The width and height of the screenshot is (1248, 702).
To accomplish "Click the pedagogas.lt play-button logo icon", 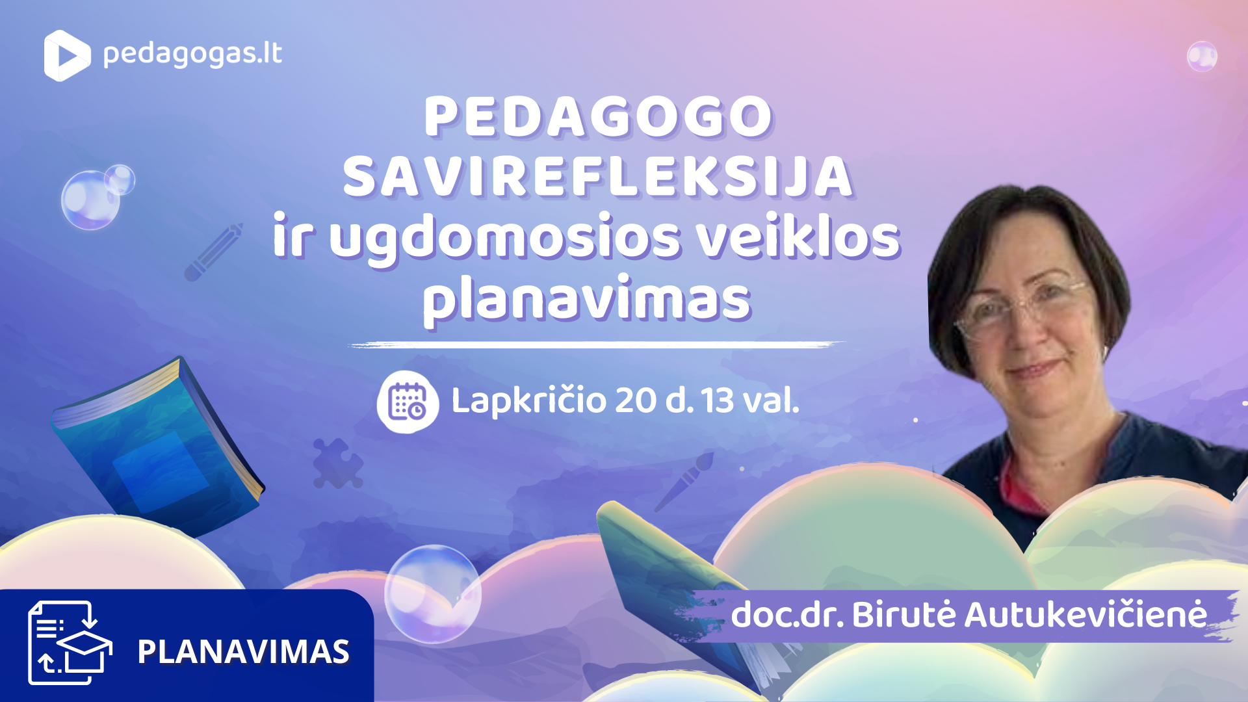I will point(66,56).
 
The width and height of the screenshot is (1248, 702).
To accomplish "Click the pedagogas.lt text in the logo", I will point(192,55).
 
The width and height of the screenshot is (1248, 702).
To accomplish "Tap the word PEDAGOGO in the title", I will point(598,117).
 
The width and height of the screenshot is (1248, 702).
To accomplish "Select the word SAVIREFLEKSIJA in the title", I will point(598,177).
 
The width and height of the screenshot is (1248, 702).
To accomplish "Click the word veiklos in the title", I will point(798,237).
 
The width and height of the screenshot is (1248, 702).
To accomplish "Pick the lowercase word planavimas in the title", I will point(586,299).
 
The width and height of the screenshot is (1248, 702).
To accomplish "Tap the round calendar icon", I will point(408,402).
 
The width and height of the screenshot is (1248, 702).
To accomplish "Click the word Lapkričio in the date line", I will point(528,400).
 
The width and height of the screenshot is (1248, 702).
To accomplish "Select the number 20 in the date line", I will point(635,400).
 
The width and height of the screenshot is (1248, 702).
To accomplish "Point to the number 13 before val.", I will point(717,400).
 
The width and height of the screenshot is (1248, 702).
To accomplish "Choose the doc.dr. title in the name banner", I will point(787,615).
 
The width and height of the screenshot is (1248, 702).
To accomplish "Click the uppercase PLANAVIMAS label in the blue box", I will point(243,652).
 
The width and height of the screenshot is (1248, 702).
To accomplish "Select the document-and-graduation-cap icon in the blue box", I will point(70,642).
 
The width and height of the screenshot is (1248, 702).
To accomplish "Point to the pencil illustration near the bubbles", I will point(213,252).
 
